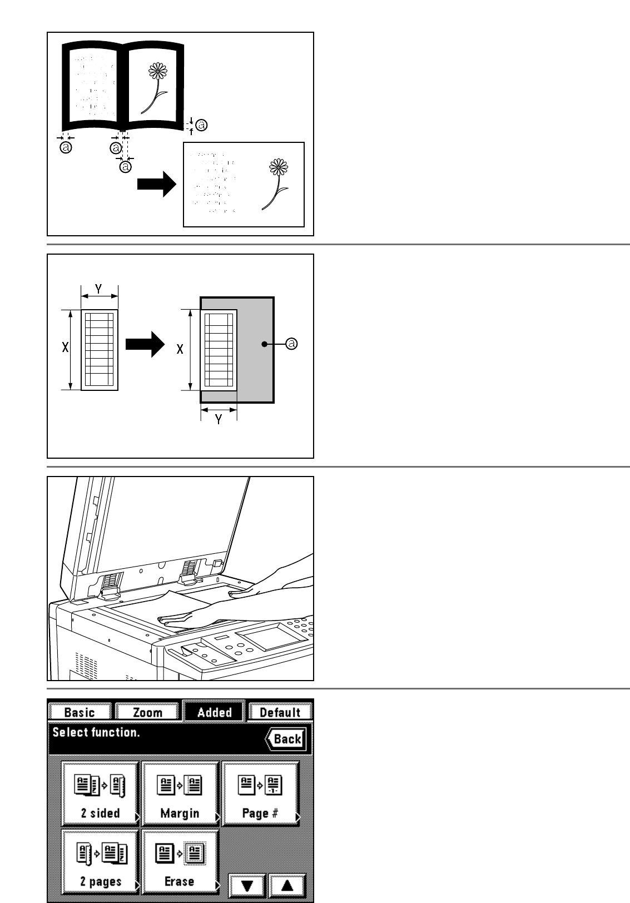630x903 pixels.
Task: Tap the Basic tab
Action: [80, 712]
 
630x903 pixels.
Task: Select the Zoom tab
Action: [147, 712]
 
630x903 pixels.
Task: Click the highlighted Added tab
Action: [214, 712]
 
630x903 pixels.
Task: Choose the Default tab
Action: [280, 712]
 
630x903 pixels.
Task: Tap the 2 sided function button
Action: [100, 793]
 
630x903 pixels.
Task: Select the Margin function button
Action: [180, 793]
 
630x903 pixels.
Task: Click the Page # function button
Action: [260, 793]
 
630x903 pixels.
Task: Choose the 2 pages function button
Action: [100, 861]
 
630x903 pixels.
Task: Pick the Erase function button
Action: [180, 861]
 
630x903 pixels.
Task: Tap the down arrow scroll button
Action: [247, 885]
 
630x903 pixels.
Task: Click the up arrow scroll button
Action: [287, 885]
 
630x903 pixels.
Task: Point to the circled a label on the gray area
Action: [291, 344]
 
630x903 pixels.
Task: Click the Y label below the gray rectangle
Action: [219, 420]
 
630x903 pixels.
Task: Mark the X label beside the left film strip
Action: [66, 348]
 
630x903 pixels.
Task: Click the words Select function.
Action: [96, 732]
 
